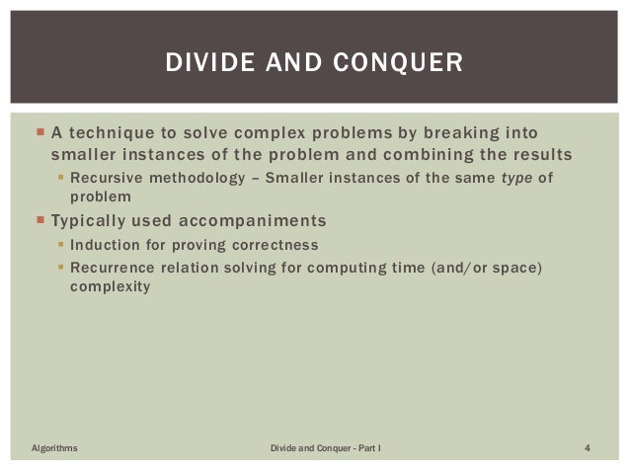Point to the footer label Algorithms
56,449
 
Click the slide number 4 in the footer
588,449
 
